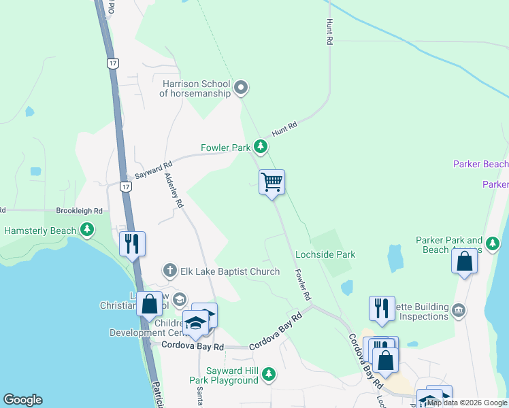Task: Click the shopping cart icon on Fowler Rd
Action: (x=272, y=182)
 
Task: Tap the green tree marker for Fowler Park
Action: (x=260, y=146)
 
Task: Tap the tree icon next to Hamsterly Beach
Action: (x=86, y=231)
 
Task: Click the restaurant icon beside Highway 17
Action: (x=132, y=243)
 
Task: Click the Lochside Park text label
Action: (x=325, y=254)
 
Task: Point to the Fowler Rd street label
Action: (x=303, y=285)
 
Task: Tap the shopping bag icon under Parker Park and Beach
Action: (x=464, y=262)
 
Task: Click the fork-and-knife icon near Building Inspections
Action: (x=382, y=307)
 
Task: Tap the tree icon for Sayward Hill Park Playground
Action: (x=269, y=373)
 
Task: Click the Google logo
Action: (x=22, y=400)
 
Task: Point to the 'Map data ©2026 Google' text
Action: (x=467, y=403)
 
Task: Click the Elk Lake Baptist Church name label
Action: (x=230, y=271)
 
